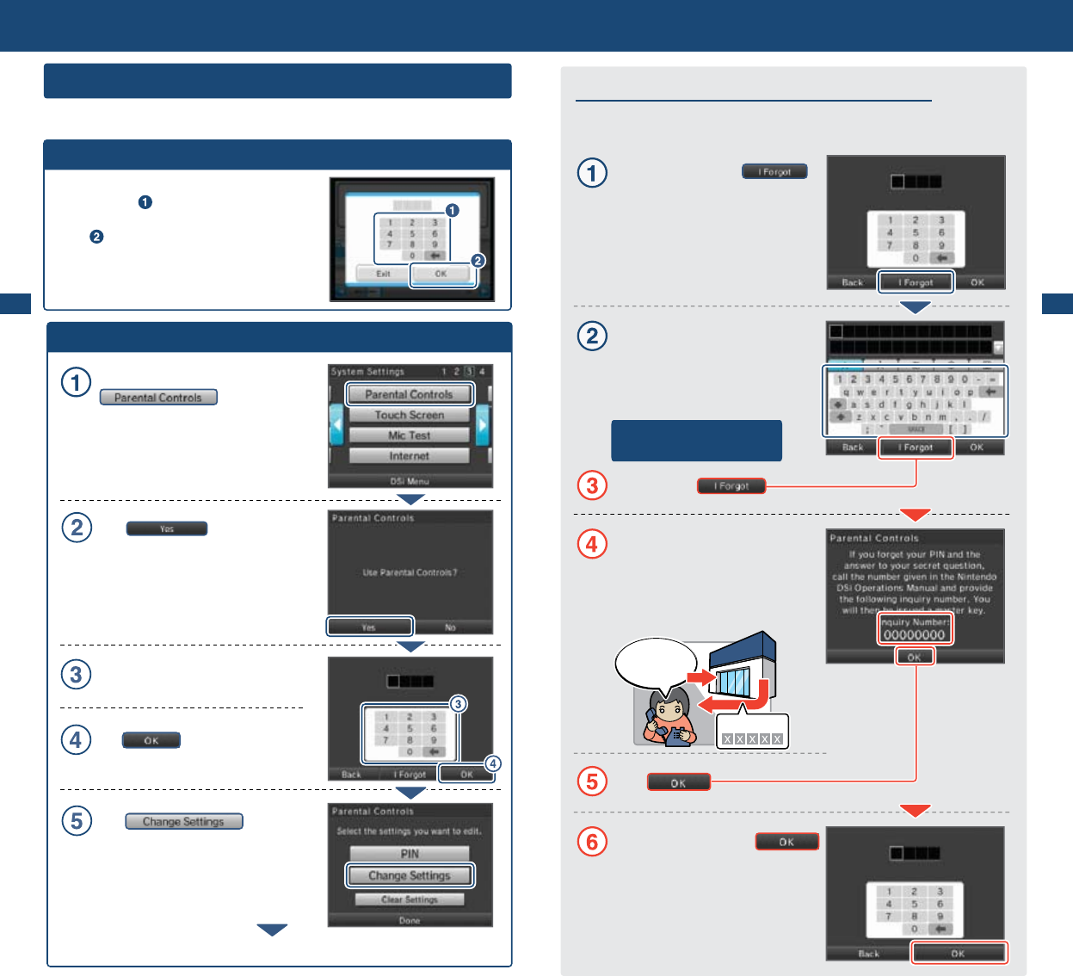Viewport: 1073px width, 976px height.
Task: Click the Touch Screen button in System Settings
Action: coord(410,415)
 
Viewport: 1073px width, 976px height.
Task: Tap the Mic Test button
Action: coord(410,435)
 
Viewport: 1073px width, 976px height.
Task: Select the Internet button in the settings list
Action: coord(410,456)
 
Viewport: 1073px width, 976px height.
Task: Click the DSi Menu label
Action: coord(410,481)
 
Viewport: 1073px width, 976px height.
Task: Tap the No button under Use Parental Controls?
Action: coord(450,627)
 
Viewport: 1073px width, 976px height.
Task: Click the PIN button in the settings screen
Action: coord(410,854)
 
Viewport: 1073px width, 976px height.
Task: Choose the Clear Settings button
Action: coord(410,899)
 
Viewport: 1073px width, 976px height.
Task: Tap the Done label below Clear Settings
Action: coord(410,920)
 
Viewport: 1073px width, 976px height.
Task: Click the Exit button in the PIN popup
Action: coord(383,274)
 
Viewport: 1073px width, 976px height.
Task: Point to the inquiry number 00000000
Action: coord(915,635)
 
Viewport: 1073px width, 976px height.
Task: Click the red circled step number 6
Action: coord(592,841)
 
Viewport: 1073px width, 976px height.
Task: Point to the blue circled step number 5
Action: coord(77,820)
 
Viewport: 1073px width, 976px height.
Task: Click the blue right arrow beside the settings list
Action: coord(483,425)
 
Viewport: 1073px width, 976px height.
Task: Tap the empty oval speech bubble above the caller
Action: coord(655,663)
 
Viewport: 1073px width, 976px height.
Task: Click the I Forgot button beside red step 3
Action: coord(731,486)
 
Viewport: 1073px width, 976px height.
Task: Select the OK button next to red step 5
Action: coord(679,782)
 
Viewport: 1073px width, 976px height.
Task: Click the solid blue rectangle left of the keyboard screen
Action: coord(696,441)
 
